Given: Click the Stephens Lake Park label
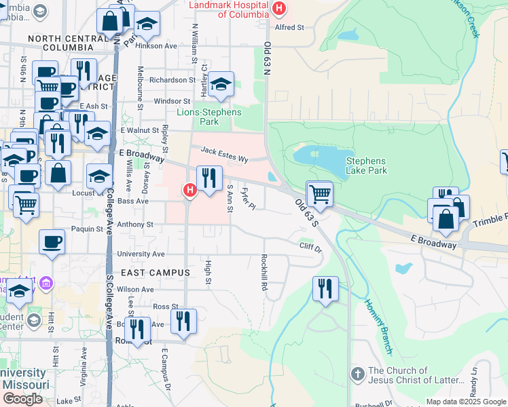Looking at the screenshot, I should [366, 166].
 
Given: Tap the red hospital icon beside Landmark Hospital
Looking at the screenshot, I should [278, 9].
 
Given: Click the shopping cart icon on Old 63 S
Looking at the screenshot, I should [319, 194].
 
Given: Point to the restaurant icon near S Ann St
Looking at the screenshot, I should [209, 179].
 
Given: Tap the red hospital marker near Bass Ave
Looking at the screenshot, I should [189, 191].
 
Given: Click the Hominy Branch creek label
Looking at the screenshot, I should [378, 327].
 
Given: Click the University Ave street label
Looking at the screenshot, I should [141, 254].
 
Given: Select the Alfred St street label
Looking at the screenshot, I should [290, 27].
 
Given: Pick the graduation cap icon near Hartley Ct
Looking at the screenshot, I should [221, 85].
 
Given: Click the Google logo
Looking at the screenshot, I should [22, 399].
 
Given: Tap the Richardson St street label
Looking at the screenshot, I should [173, 80].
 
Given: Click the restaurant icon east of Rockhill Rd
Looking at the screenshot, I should [326, 289].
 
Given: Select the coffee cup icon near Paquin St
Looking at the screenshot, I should [52, 242].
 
